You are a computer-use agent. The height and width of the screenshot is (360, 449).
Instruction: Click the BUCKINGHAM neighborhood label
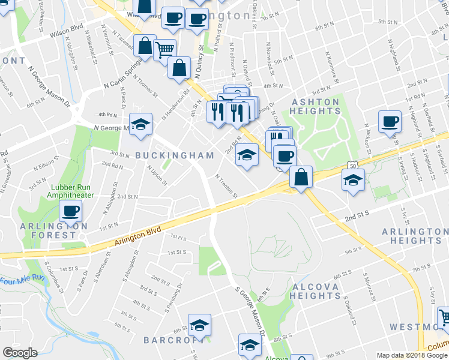(x=175, y=155)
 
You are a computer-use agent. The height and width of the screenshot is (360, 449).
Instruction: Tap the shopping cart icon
(x=164, y=50)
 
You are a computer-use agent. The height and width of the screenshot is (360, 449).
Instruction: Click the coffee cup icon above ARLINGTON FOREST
(x=71, y=211)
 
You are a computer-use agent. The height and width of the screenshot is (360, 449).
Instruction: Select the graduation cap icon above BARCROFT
(x=199, y=325)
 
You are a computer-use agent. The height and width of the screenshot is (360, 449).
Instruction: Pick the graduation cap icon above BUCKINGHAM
(x=140, y=125)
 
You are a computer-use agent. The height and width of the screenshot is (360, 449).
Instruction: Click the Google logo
(x=20, y=353)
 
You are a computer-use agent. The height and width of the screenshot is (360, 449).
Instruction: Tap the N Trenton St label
(x=226, y=185)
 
